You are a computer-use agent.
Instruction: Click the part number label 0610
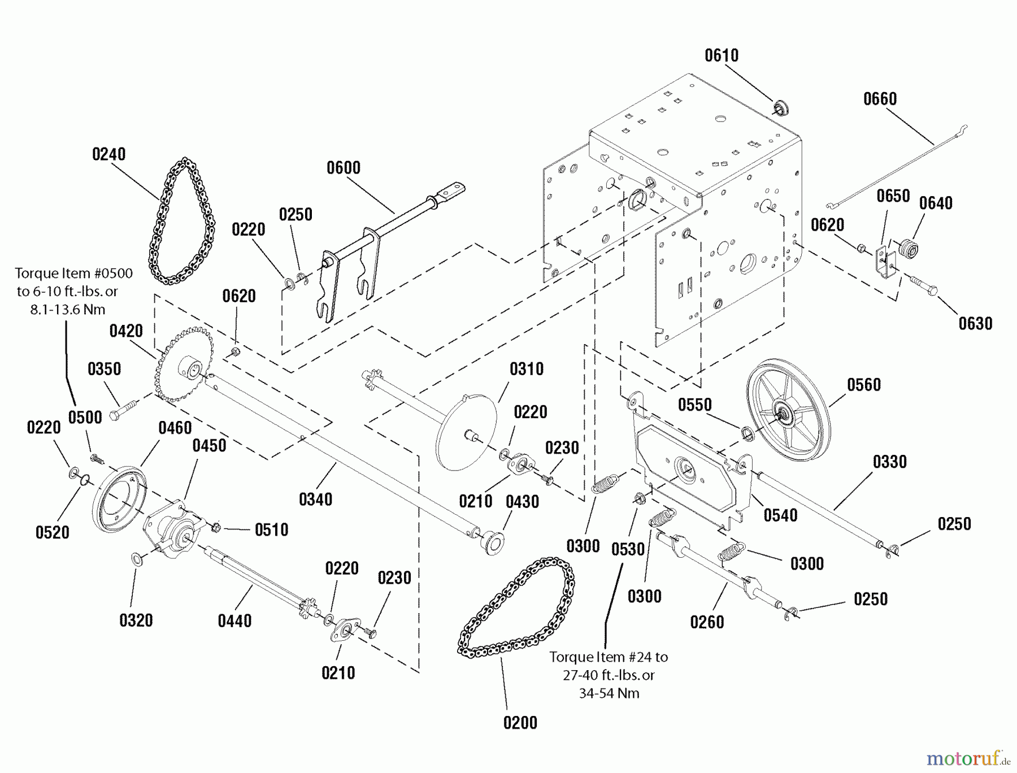click(x=722, y=55)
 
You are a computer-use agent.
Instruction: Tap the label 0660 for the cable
click(x=880, y=99)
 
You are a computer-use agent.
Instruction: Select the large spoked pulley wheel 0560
click(x=789, y=415)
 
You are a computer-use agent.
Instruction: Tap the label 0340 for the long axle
click(x=315, y=499)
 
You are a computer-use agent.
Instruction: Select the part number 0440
click(x=234, y=620)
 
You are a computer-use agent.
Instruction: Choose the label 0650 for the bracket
click(x=893, y=196)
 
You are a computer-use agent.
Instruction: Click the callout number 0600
click(x=344, y=168)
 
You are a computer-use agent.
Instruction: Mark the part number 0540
click(x=780, y=515)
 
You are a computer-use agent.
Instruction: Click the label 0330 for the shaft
click(x=889, y=462)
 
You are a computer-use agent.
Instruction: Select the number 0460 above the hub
click(x=175, y=428)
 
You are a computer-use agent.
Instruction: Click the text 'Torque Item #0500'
click(x=73, y=273)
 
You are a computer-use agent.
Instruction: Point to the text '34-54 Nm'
click(x=609, y=693)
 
